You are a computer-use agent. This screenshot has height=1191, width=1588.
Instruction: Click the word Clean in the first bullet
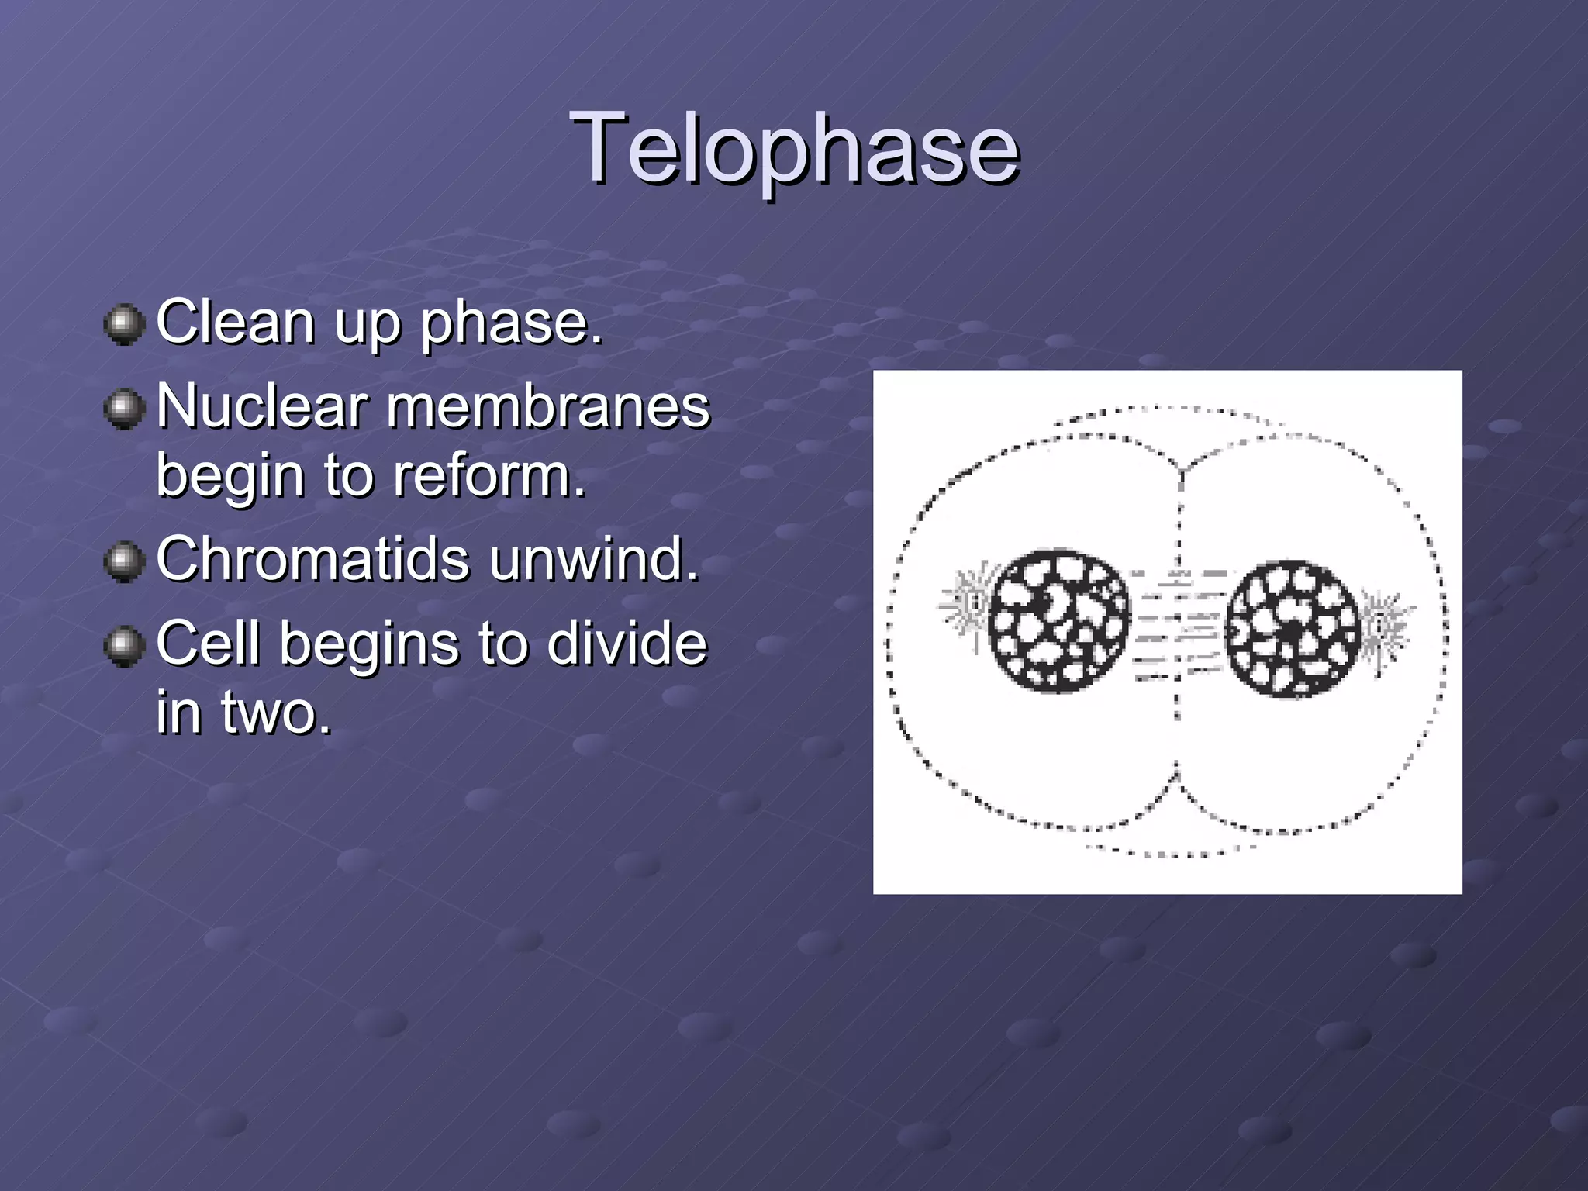coord(235,321)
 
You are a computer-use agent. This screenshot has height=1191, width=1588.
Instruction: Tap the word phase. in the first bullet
coord(512,323)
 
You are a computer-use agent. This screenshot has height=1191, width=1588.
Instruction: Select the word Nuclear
coord(261,406)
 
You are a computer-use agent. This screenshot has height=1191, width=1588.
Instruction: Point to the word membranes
coord(547,406)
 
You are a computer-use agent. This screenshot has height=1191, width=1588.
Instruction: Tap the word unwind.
coord(594,558)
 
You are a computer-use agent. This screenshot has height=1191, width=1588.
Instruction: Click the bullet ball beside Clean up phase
coord(124,324)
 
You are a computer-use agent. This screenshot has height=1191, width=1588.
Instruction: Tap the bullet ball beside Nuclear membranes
coord(124,409)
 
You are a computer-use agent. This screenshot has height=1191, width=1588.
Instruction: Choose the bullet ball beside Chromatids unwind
coord(124,561)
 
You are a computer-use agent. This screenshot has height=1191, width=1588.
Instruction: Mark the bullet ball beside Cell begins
coord(124,645)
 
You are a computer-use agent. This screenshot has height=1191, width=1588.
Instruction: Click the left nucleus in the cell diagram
coord(1058,621)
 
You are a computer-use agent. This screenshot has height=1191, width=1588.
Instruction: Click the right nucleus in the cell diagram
coord(1293,629)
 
